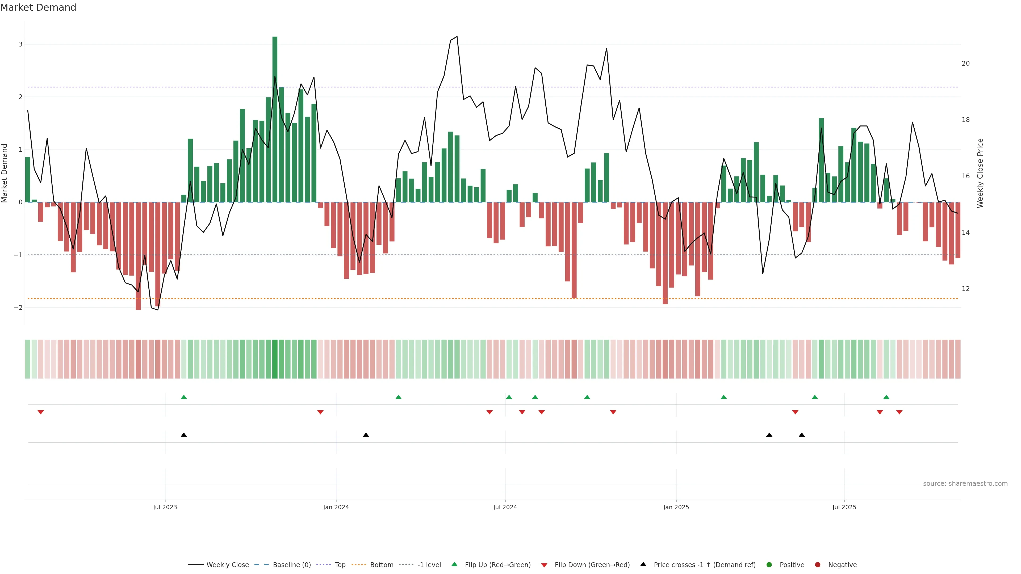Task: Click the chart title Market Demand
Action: (38, 7)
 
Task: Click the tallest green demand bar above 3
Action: (275, 119)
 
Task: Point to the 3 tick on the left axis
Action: (21, 44)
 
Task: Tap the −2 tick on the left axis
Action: (18, 308)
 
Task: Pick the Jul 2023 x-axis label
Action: (165, 507)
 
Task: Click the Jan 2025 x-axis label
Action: (676, 507)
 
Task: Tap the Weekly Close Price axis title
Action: (980, 173)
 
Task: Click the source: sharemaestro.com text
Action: (965, 484)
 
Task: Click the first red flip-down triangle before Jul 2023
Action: (40, 412)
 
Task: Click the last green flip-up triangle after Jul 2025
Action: (886, 397)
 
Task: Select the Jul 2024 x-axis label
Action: (505, 507)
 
